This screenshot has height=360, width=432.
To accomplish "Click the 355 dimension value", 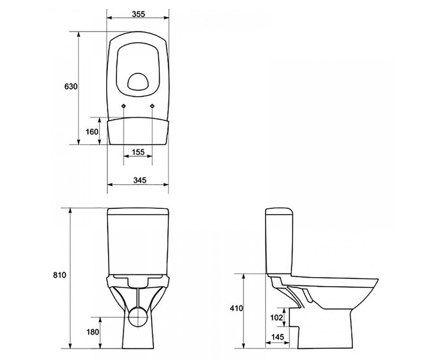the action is point(139,14).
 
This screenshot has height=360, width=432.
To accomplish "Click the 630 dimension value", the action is point(71,86).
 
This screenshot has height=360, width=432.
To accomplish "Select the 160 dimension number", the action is point(92,132).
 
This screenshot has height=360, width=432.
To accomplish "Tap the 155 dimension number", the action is point(138,152).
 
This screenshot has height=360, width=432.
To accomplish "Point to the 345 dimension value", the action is point(140,180).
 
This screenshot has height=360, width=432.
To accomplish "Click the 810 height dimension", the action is point(60,275).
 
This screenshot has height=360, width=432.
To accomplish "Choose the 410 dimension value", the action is point(236,308).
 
